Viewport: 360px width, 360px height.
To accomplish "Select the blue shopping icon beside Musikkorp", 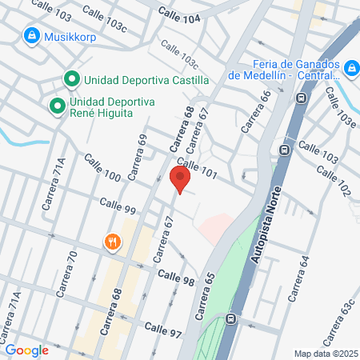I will pyautogui.click(x=31, y=36).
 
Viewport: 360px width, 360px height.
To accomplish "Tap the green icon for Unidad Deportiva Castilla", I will pyautogui.click(x=71, y=79).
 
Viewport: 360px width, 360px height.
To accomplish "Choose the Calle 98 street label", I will pyautogui.click(x=176, y=277).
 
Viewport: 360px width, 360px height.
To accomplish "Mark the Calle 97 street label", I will pyautogui.click(x=164, y=327).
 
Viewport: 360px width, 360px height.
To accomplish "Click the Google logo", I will pyautogui.click(x=27, y=350).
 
